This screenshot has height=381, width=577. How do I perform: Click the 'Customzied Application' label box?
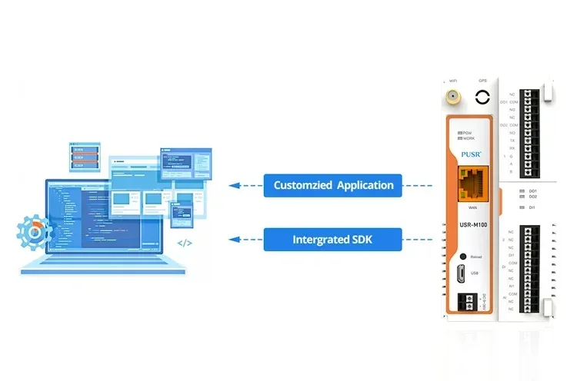pos(333,185)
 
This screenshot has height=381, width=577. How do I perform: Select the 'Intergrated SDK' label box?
pos(333,240)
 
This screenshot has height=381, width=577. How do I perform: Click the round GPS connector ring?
pos(482,98)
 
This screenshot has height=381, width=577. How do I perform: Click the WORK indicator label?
pos(468,139)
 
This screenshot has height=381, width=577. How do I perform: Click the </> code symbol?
pos(185,244)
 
